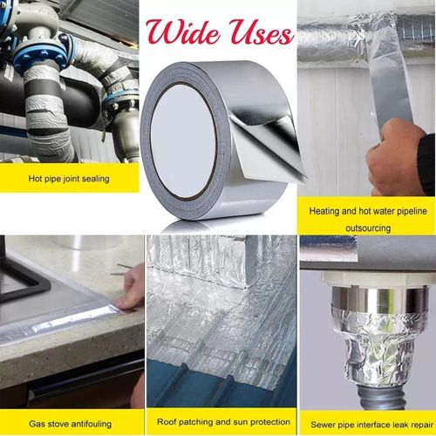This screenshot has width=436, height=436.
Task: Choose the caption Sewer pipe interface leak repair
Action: (x=367, y=423)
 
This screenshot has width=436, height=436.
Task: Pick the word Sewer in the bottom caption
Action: (x=325, y=423)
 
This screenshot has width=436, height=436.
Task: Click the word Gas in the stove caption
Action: (x=37, y=423)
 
